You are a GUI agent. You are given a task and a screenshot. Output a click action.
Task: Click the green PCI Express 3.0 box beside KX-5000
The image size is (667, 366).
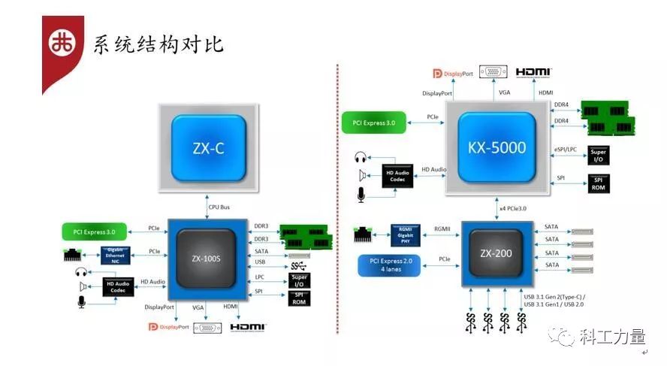tap(373, 122)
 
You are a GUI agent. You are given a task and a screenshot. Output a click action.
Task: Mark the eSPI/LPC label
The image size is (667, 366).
tap(566, 150)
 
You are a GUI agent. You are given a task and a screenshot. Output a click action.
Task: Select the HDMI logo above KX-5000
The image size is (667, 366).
tap(535, 72)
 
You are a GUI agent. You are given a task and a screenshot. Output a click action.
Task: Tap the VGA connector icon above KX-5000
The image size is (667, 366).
tap(493, 72)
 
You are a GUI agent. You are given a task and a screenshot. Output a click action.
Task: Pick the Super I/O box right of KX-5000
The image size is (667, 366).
tap(599, 156)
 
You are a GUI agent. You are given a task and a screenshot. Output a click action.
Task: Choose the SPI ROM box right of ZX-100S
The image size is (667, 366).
tap(298, 298)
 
